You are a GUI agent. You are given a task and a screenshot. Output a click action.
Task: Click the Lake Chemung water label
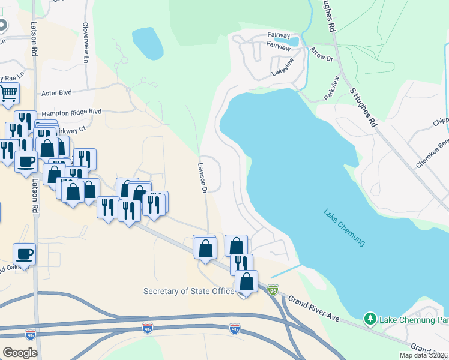coord(344,227)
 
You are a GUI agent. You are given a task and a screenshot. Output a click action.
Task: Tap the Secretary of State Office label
coord(188,292)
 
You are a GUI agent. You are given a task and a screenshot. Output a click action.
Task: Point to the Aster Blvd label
coord(56,94)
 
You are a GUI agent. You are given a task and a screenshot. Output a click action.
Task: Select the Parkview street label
coord(331,88)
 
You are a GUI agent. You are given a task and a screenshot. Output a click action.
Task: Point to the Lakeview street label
coord(283,67)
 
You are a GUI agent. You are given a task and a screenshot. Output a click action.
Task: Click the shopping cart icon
coord(8,93)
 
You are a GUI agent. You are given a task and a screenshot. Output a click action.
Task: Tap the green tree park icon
coord(370,319)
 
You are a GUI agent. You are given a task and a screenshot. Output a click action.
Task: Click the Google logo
coord(20,353)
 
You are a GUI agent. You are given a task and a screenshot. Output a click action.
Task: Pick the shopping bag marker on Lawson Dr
coord(205,247)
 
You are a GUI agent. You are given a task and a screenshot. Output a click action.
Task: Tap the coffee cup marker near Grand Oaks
coord(24,253)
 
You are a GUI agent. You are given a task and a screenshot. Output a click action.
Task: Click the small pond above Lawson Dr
coord(148,43)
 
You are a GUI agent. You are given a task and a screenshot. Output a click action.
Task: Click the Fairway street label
coord(279,36)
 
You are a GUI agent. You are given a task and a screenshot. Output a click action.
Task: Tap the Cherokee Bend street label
coord(432,155)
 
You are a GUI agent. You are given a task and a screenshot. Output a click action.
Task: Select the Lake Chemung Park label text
coord(414,319)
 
